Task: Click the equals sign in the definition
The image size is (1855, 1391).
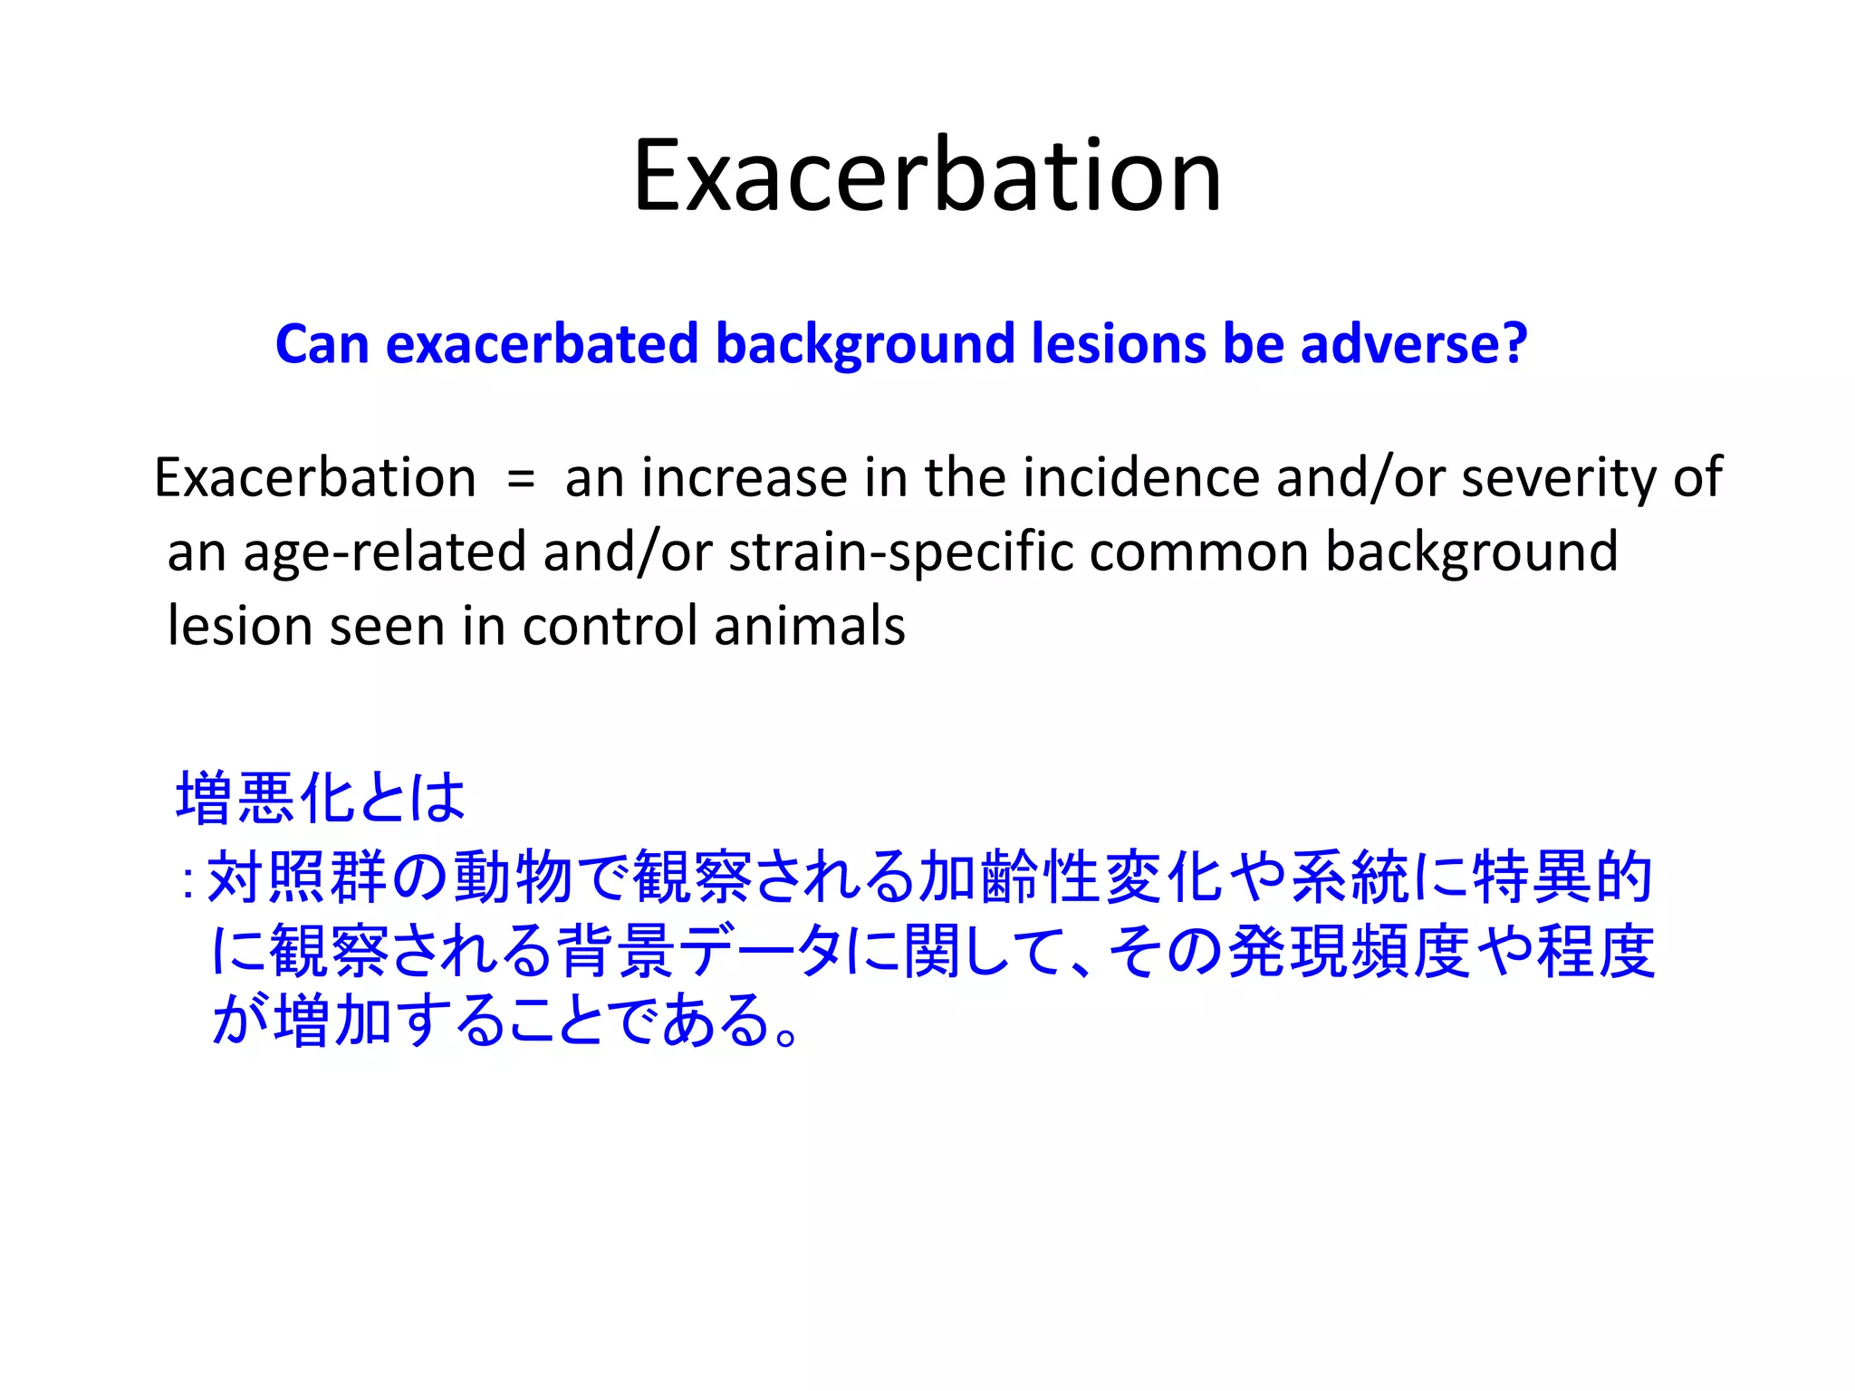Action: [521, 478]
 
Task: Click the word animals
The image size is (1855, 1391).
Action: [810, 626]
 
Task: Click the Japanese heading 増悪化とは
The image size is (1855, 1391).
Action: [321, 798]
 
